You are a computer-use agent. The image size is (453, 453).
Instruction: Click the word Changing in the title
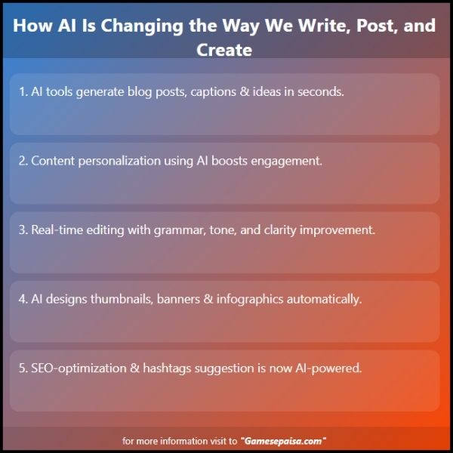point(142,26)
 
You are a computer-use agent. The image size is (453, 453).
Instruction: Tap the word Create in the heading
point(224,50)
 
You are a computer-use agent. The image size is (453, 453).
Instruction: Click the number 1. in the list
point(23,91)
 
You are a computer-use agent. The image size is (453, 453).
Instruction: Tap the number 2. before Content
point(23,161)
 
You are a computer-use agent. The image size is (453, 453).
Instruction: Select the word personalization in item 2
point(119,162)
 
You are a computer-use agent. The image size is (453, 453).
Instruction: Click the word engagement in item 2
point(286,162)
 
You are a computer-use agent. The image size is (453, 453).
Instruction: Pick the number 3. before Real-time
point(23,230)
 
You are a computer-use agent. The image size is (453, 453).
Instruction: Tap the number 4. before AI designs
point(23,299)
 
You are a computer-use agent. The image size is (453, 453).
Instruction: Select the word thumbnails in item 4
point(122,299)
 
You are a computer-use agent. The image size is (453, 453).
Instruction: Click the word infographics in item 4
point(250,300)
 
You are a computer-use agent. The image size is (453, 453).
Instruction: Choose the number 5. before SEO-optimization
point(23,368)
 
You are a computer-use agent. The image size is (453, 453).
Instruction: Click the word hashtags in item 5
point(167,369)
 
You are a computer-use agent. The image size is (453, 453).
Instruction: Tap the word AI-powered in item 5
point(328,368)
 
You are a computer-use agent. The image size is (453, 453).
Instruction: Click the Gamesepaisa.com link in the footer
point(283,441)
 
